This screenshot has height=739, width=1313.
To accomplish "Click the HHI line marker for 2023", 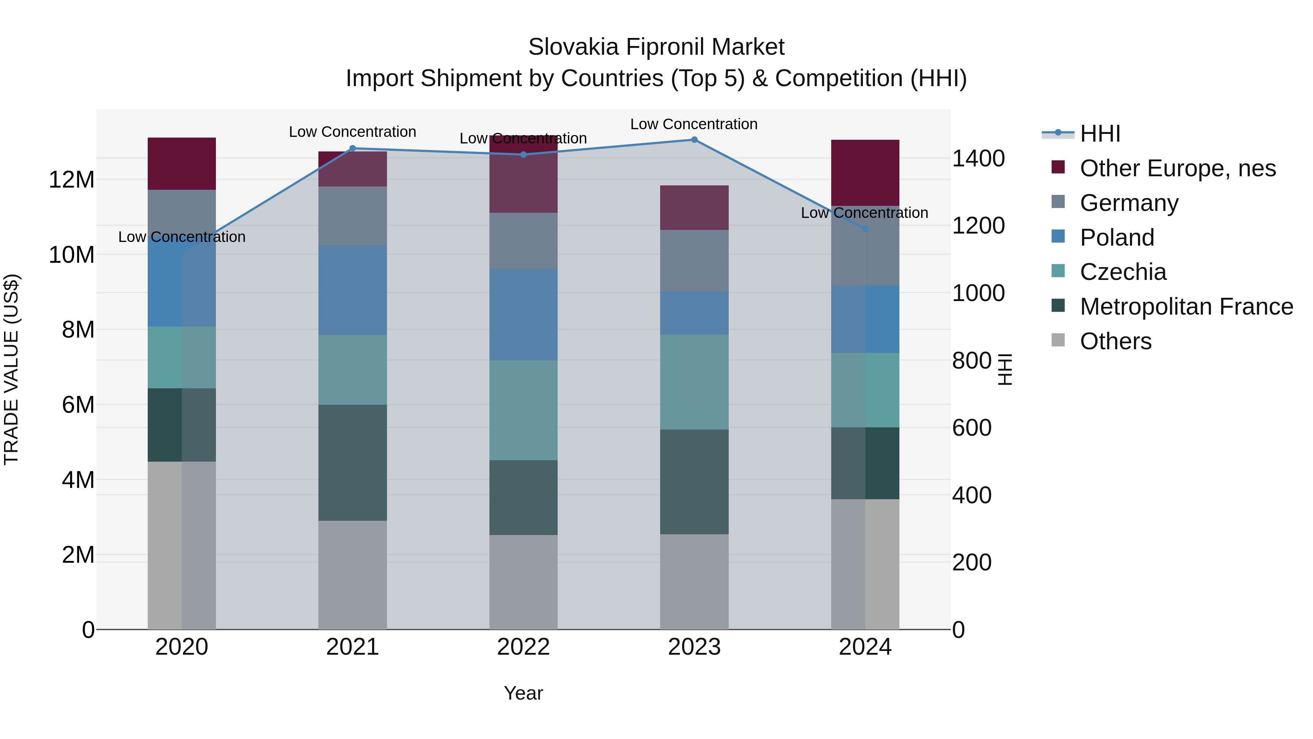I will click(x=694, y=140).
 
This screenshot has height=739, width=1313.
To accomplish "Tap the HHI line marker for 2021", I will click(x=353, y=149).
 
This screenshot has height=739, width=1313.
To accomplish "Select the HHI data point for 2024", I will click(x=865, y=229).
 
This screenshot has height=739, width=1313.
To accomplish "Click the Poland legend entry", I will click(x=1116, y=238).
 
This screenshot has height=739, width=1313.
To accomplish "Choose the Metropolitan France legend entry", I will click(x=1186, y=307).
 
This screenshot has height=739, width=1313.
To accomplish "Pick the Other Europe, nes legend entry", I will click(x=1177, y=168).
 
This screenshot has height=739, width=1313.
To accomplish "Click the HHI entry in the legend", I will click(x=1100, y=134).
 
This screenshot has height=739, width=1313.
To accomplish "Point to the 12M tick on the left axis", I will click(x=71, y=180).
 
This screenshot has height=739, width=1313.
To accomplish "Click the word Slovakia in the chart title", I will click(x=573, y=47).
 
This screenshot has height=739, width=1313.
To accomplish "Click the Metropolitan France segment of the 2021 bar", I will click(x=353, y=463).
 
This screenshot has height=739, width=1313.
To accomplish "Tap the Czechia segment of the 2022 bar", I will click(x=523, y=411).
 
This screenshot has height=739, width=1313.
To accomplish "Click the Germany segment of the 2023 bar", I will click(x=694, y=260).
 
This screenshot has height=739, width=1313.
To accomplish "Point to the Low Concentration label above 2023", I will click(x=694, y=124).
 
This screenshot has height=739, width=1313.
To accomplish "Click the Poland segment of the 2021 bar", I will click(x=353, y=290).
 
